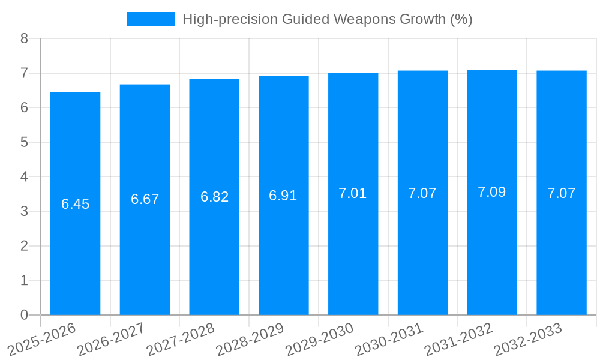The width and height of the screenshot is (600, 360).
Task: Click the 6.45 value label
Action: (x=75, y=204)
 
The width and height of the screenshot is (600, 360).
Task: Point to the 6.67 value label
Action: (x=145, y=199)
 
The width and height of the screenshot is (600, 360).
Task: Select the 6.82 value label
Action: (x=214, y=197)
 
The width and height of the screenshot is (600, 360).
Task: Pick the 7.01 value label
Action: (x=353, y=193)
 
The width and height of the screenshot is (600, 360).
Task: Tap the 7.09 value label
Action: (x=492, y=192)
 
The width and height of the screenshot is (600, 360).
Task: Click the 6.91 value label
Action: (x=284, y=196)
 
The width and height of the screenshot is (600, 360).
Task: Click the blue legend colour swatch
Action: (x=151, y=19)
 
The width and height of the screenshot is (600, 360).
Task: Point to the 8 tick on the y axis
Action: (x=24, y=39)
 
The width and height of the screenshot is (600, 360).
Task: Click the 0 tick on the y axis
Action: (x=24, y=315)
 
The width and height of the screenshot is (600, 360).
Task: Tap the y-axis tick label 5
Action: (x=24, y=143)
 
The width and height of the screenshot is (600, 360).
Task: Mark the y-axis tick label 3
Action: (x=24, y=212)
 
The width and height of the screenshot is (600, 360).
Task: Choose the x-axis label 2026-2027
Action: (x=111, y=339)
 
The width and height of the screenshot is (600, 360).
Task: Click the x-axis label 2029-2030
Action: (x=320, y=339)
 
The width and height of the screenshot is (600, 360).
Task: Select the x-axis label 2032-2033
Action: (x=528, y=339)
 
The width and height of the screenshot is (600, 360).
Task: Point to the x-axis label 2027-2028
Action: (x=181, y=339)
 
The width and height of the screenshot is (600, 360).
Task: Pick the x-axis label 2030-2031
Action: (x=389, y=339)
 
